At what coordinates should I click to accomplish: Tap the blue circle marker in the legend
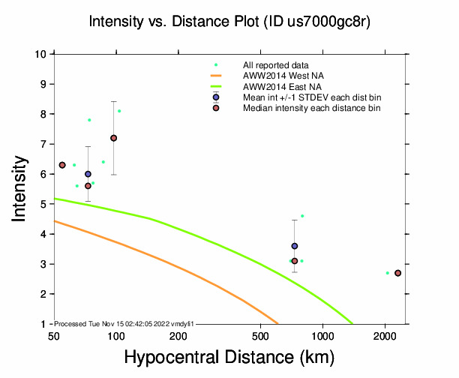tap(216, 97)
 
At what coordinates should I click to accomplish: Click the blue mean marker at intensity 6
tap(88, 174)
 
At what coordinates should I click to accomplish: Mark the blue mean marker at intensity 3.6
tap(295, 246)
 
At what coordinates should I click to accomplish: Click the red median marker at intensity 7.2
tap(114, 138)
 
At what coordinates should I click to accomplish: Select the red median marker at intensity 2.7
tap(397, 273)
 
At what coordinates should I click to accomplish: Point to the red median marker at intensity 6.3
tap(62, 165)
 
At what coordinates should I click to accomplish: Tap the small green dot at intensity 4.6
tap(302, 216)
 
